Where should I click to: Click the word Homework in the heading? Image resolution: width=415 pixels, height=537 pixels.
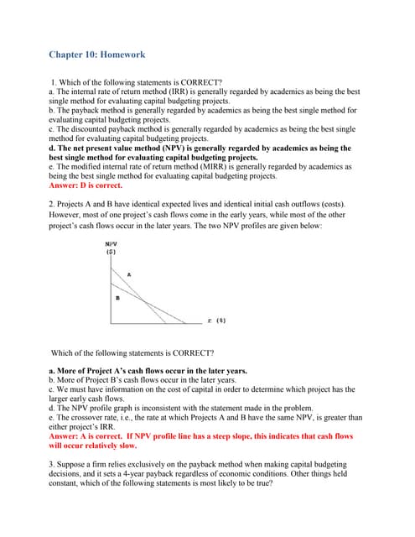(x=122, y=55)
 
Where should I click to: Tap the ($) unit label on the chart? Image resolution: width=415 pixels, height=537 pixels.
(x=111, y=251)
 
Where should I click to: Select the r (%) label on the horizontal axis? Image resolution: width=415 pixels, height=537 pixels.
(x=215, y=320)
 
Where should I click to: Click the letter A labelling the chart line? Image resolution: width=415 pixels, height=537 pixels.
(x=128, y=274)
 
